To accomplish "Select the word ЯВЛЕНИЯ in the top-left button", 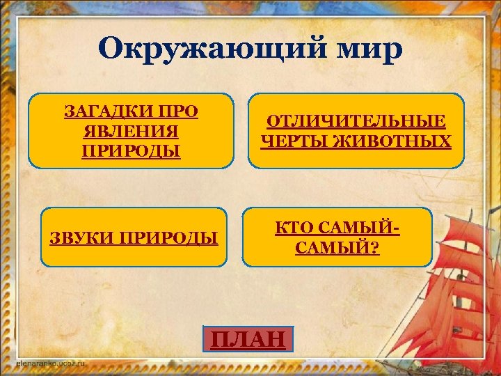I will tap(131, 132).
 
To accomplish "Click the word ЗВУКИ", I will tap(78, 238).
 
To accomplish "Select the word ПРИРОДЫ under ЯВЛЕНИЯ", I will tap(131, 151).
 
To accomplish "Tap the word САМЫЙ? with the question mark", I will tap(337, 247).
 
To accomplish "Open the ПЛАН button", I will tap(248, 339).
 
